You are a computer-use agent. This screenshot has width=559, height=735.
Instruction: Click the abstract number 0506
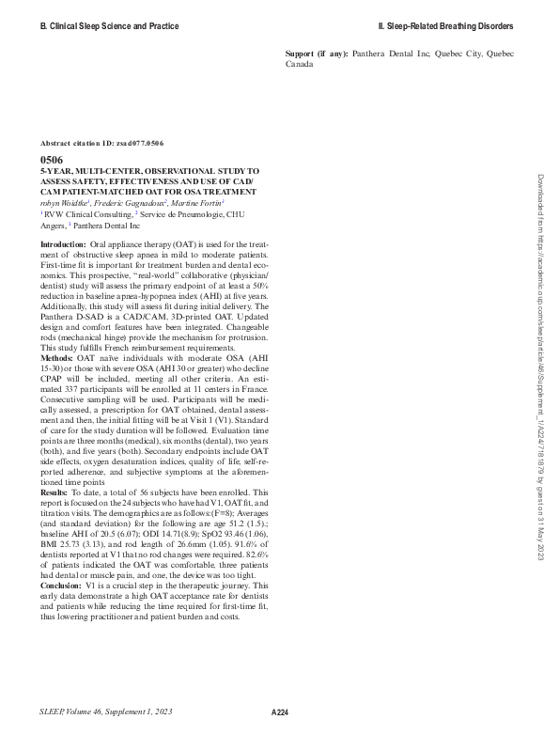(x=52, y=161)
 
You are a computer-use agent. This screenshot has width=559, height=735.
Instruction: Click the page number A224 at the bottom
(x=279, y=713)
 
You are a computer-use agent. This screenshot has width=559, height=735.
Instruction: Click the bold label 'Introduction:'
(x=62, y=243)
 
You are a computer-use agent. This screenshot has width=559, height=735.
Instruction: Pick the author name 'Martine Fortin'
(x=196, y=202)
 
